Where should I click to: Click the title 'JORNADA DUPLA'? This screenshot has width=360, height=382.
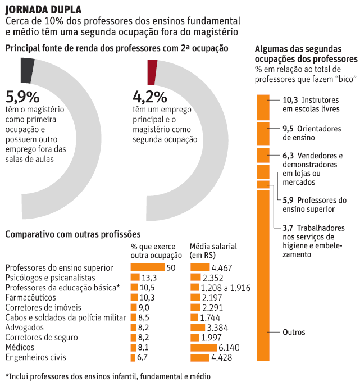pyautogui.click(x=42, y=9)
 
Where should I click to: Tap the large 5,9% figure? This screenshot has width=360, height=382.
pyautogui.click(x=22, y=96)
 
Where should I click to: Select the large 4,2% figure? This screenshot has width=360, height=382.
pyautogui.click(x=150, y=96)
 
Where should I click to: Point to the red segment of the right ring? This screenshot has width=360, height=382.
pyautogui.click(x=152, y=70)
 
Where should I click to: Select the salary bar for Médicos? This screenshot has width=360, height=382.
pyautogui.click(x=208, y=347)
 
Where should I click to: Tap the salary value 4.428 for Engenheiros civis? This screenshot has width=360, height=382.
pyautogui.click(x=222, y=357)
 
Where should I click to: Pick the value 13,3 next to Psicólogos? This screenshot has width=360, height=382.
pyautogui.click(x=149, y=278)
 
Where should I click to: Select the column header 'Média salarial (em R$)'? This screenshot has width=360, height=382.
pyautogui.click(x=213, y=251)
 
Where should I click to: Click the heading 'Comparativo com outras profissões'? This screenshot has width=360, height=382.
pyautogui.click(x=72, y=233)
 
